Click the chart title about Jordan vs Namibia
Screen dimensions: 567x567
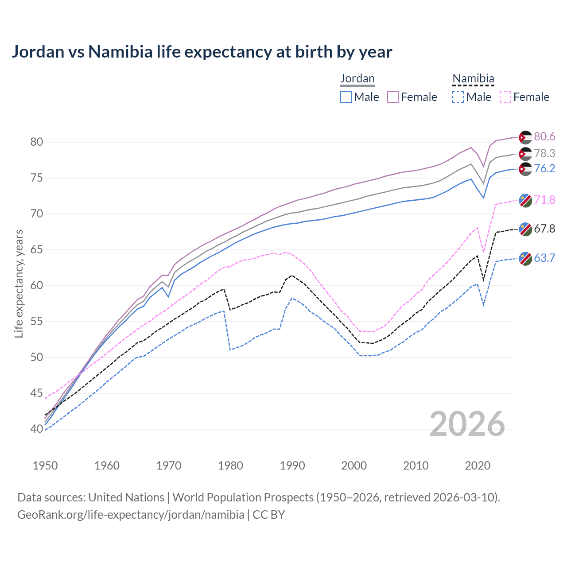(202, 52)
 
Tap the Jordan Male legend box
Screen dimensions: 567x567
(346, 97)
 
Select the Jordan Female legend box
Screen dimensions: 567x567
(393, 97)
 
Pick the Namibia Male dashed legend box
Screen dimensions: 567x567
(458, 97)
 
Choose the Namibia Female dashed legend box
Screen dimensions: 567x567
(505, 97)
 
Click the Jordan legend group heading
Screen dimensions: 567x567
(357, 79)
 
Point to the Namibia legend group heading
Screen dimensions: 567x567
(473, 79)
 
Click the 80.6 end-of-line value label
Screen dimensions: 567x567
(544, 137)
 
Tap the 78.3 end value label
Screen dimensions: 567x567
(544, 154)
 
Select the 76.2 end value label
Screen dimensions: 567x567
(544, 169)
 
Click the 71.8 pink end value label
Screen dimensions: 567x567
(544, 200)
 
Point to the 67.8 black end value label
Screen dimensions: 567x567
(544, 229)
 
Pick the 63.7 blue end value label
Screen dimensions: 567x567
(544, 258)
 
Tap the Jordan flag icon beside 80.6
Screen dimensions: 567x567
(525, 137)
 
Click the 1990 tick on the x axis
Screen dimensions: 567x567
(292, 466)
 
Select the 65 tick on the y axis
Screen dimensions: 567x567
(36, 250)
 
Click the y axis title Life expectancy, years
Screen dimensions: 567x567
(19, 283)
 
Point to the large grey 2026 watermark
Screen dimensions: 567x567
(467, 424)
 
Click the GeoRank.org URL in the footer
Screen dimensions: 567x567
(131, 515)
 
